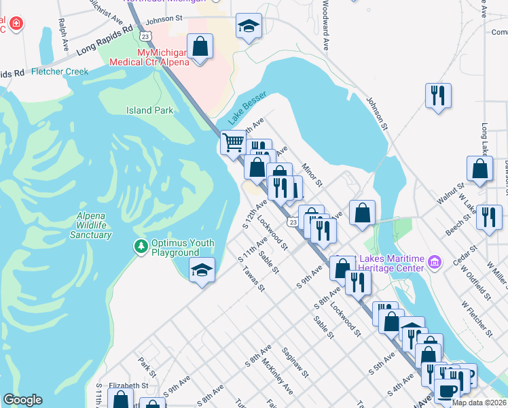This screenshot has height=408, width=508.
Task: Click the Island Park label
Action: pos(149,110)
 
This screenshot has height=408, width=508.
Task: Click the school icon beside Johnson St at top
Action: pos(249,27)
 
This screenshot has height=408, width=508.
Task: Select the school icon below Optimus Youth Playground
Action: pos(202,270)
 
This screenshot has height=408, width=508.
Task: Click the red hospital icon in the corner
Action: pos(16,25)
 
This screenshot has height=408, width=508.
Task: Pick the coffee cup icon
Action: pos(446,390)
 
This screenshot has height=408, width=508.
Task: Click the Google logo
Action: pos(22,400)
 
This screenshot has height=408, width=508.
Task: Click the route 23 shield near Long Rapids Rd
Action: pos(145,35)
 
